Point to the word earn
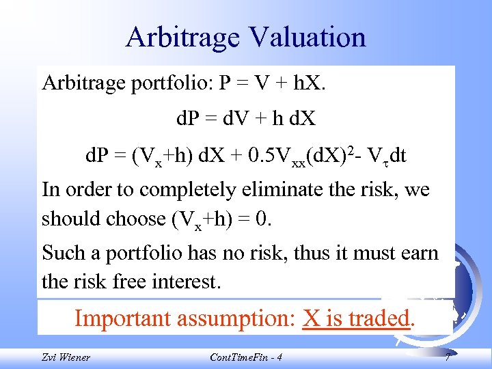click(418, 253)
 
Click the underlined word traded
click(375, 318)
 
